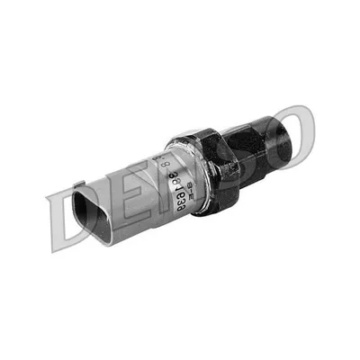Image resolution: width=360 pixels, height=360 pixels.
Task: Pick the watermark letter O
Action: coord(288,135)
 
